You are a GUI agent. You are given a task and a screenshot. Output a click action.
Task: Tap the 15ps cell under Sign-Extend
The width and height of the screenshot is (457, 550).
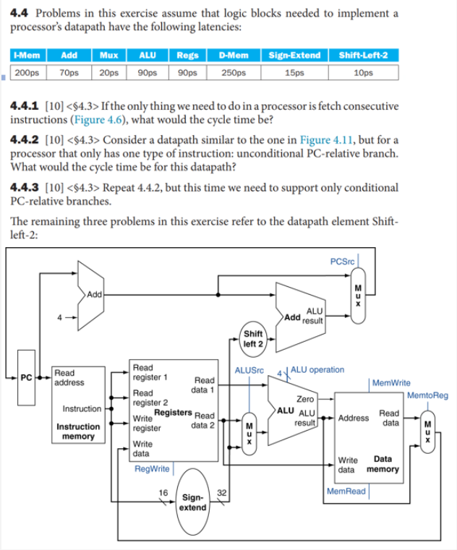[x=294, y=73]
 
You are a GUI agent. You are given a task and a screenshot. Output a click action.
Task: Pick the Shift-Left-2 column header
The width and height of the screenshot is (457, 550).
[x=362, y=56]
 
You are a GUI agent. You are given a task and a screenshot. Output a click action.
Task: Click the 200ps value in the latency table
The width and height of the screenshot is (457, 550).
[x=26, y=73]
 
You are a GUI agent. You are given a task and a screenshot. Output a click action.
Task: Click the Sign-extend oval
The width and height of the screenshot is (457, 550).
[x=192, y=502]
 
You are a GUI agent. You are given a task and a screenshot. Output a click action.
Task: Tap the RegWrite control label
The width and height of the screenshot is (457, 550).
[x=152, y=469]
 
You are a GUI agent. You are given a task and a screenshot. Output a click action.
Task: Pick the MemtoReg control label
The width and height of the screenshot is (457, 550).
[x=427, y=395]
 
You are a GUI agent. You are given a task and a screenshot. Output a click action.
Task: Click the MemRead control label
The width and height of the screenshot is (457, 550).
[x=346, y=491]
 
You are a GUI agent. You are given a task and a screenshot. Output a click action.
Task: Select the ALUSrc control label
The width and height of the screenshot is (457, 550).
[x=247, y=370]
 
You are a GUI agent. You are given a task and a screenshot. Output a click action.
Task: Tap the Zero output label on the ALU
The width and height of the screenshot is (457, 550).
[x=305, y=398]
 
